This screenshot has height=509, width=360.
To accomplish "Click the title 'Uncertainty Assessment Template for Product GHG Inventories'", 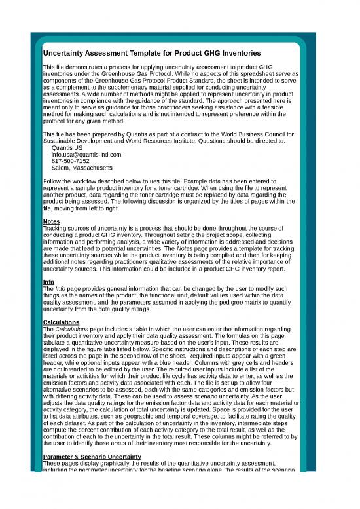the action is (x=152, y=52).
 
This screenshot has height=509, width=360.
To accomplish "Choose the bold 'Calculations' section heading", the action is (x=63, y=322).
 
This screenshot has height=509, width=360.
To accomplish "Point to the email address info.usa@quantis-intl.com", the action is (x=86, y=155).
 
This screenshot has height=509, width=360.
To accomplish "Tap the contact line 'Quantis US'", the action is (x=67, y=148).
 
